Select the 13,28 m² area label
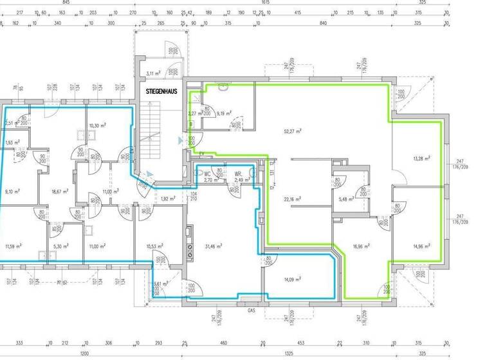tap(420, 157)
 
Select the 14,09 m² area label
tap(293, 278)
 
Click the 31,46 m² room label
tap(214, 246)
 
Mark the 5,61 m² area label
tap(161, 283)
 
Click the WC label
tap(208, 174)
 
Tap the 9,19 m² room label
tap(224, 113)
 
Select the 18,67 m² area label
tap(60, 191)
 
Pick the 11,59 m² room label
tap(14, 246)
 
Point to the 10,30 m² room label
tap(97, 125)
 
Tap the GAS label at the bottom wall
tap(252, 309)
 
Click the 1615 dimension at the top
tap(266, 3)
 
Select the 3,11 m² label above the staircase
tap(153, 73)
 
